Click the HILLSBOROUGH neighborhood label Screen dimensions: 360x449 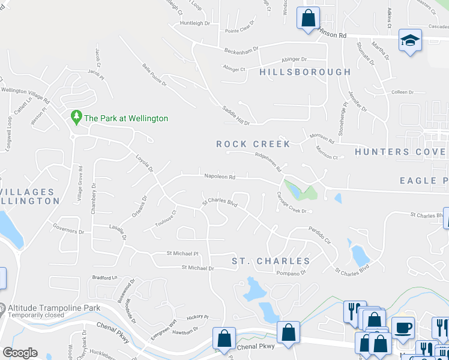[x=305, y=72]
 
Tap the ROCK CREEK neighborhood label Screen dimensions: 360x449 [x=253, y=144]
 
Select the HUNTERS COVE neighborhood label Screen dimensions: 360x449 [x=400, y=152]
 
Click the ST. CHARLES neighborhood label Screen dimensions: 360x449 [x=271, y=261]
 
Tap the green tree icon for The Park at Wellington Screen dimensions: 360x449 [x=76, y=118]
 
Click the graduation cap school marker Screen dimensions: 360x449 [x=411, y=40]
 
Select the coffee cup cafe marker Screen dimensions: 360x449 [x=403, y=328]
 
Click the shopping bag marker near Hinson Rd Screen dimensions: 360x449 [x=308, y=18]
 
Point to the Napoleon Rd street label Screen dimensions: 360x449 [x=220, y=177]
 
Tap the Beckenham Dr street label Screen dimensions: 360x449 [x=241, y=49]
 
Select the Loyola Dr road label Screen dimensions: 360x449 [x=143, y=161]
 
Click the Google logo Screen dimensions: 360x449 [x=20, y=353]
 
